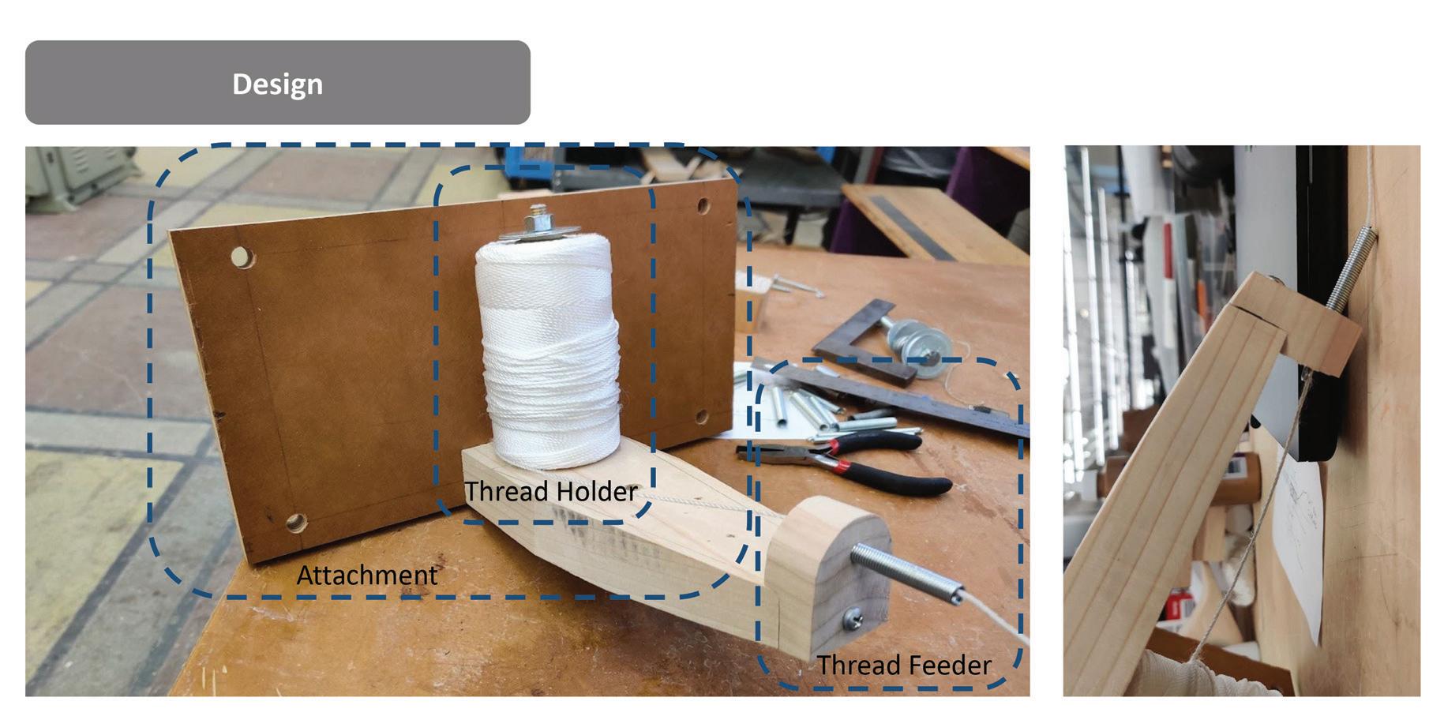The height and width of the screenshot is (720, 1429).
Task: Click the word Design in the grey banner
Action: pyautogui.click(x=277, y=84)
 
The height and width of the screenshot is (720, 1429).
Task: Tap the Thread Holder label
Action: pyautogui.click(x=550, y=491)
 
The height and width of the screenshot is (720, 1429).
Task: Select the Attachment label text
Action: pyautogui.click(x=366, y=575)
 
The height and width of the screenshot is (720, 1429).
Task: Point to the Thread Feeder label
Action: pyautogui.click(x=903, y=665)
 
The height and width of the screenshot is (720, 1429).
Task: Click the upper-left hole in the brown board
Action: pyautogui.click(x=242, y=257)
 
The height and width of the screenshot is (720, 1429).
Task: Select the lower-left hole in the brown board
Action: pyautogui.click(x=295, y=521)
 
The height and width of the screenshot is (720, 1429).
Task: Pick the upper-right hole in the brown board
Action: pyautogui.click(x=702, y=208)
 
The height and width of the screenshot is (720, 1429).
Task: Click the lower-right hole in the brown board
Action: pyautogui.click(x=701, y=417)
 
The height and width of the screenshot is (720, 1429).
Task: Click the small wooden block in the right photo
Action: pyautogui.click(x=1318, y=332)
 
